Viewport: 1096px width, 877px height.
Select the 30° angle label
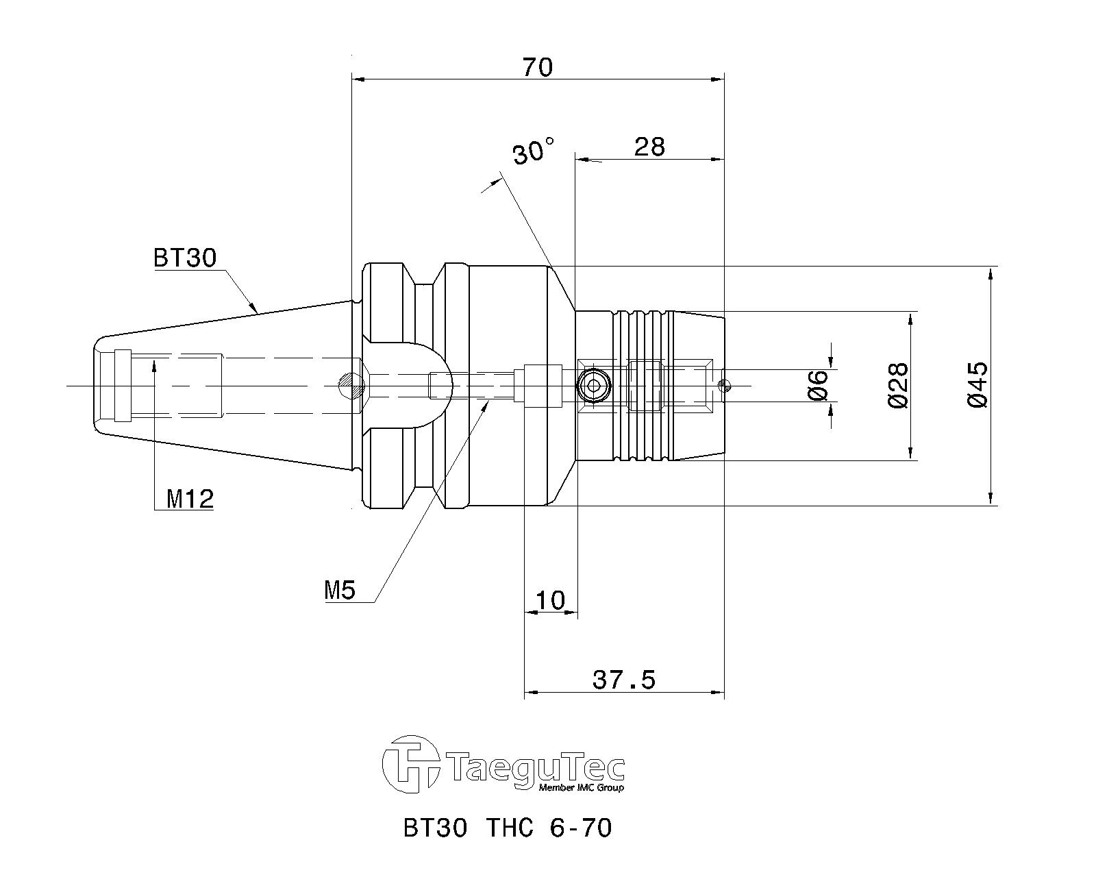533,151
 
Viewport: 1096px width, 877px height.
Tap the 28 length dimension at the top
649,147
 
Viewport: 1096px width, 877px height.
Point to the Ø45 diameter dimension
976,385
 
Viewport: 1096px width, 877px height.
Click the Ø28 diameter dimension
897,385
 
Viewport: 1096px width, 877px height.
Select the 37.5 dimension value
624,680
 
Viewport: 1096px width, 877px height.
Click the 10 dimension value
551,600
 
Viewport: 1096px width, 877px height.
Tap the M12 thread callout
190,499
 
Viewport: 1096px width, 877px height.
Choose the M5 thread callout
340,591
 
